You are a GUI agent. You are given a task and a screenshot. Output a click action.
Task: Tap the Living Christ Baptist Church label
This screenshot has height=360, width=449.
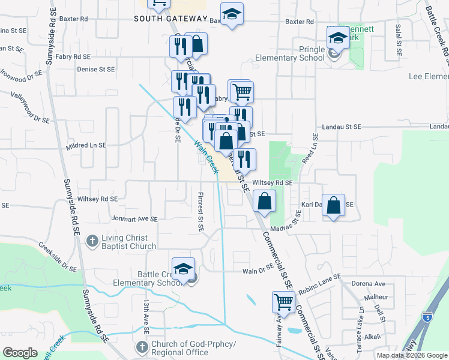coord(128,242)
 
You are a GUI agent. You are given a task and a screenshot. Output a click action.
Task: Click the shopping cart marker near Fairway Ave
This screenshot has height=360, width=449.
coord(283,302)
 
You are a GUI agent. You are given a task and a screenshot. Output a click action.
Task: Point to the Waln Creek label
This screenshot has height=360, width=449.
coord(205,157)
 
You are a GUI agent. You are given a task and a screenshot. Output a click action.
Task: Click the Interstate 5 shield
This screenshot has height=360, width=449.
coord(427,316)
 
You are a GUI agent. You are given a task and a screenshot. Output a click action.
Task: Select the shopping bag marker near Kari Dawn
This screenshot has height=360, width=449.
coord(334,205)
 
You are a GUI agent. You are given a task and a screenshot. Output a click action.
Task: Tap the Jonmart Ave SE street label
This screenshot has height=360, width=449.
coord(134,220)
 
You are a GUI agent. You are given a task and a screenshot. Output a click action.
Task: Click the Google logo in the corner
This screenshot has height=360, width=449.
coord(20,353)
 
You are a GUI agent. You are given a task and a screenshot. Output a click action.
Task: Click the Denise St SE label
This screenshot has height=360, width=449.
coord(96,70)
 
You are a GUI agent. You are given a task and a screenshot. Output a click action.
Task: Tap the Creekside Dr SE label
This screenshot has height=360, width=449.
coord(58,257)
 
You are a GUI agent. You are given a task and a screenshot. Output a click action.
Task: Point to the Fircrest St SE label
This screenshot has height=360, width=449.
coord(200,212)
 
